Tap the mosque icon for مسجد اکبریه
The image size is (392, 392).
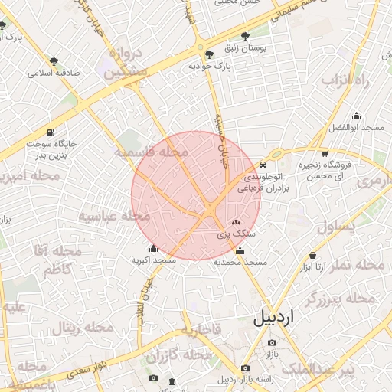point(154,248)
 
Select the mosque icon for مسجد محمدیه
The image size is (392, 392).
point(240,250)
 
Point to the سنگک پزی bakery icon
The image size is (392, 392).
point(235,221)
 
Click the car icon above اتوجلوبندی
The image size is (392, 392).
point(263,165)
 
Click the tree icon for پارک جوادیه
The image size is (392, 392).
point(210,54)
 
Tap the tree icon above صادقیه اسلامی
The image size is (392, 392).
point(53,61)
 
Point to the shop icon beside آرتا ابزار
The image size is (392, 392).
point(313,256)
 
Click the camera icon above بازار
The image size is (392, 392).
point(272,343)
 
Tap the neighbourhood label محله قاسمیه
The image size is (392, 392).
point(151,153)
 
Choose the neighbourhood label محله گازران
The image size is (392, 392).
point(178,356)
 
